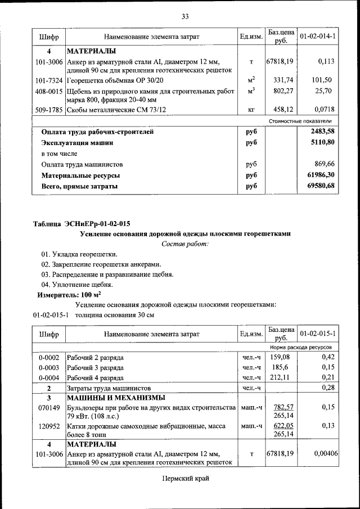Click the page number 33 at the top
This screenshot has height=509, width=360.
[184, 16]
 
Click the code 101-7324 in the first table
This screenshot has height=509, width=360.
[48, 80]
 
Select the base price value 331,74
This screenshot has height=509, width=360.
[280, 80]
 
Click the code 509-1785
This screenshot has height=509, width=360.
[48, 109]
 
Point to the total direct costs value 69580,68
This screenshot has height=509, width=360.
[317, 186]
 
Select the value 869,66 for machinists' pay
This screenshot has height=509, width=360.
[323, 164]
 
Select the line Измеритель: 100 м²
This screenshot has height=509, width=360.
[69, 295]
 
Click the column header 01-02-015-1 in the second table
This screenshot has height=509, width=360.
[317, 334]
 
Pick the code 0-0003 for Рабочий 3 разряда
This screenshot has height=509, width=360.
[48, 367]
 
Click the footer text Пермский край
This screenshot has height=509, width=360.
[185, 479]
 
